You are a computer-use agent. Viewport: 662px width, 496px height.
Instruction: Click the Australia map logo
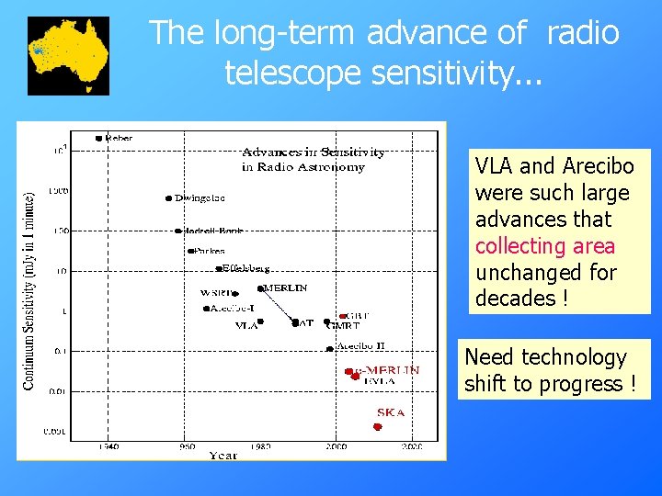coord(68,55)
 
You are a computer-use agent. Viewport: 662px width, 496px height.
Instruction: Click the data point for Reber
coord(98,139)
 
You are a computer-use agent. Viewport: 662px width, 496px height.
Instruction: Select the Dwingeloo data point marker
coord(168,198)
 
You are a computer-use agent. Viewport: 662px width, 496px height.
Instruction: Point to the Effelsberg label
coord(246,269)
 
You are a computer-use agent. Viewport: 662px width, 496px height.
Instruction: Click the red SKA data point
coord(377,427)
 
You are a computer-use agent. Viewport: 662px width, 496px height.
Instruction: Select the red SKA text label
coord(389,412)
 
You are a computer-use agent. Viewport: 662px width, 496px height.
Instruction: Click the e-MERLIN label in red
coord(392,370)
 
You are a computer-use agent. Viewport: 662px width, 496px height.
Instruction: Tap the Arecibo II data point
coord(330,348)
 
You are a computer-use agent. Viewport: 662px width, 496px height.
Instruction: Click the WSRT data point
coord(235,295)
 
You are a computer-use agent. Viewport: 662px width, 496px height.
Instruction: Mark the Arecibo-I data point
coord(206,309)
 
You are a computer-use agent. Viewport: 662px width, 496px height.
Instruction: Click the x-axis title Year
coord(223,456)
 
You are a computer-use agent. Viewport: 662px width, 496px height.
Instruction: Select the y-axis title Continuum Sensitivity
coord(29,289)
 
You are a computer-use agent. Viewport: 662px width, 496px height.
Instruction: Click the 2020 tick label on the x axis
coord(411,446)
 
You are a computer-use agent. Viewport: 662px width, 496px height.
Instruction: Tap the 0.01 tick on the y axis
coord(56,391)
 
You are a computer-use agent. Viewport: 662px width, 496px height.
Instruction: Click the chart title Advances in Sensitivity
coord(313,152)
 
